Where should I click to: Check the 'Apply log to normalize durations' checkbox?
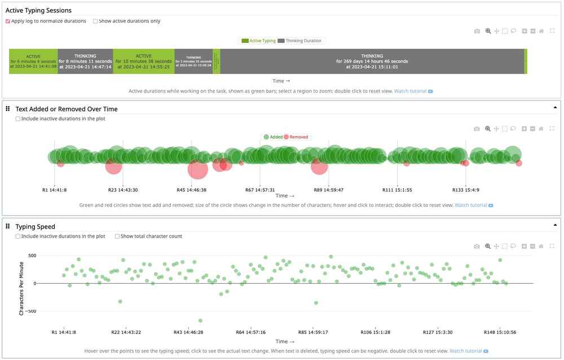[x=8, y=21]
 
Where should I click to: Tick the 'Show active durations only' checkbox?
[x=95, y=21]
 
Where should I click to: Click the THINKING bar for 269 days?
[x=372, y=61]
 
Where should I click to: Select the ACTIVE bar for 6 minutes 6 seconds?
[x=33, y=61]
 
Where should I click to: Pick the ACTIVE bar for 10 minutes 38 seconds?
[x=143, y=61]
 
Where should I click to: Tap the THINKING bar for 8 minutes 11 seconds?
[x=85, y=61]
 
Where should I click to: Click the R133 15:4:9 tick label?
[x=466, y=190]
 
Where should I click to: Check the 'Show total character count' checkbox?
[x=117, y=236]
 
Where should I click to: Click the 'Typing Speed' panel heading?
[x=35, y=226]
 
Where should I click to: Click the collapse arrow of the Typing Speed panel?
[x=555, y=225]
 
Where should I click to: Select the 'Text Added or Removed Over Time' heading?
[x=67, y=109]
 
